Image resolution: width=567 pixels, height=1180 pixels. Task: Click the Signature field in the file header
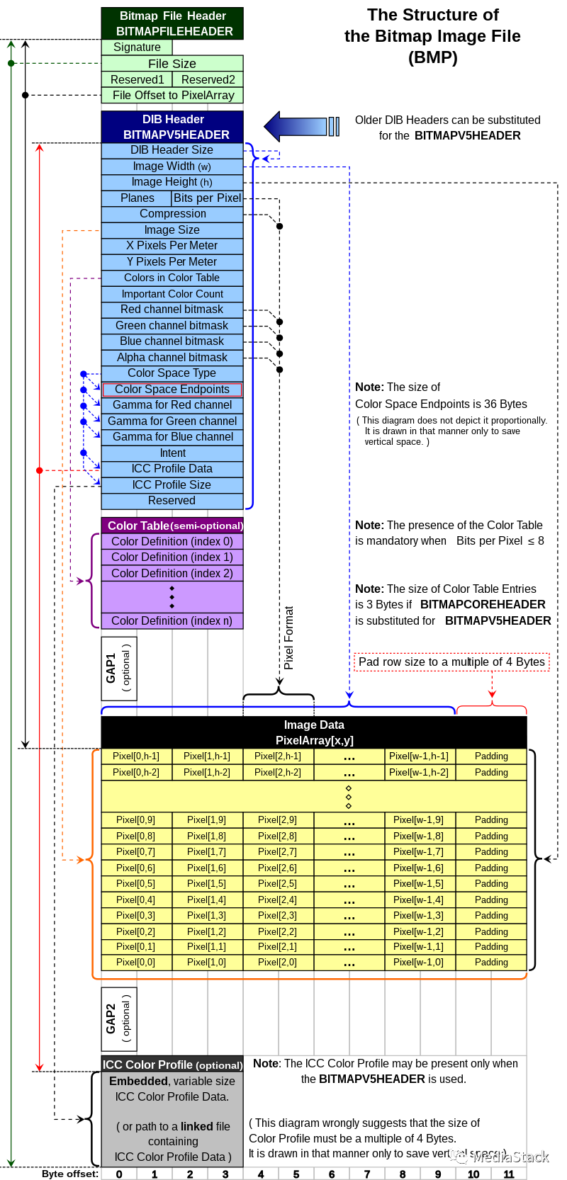click(137, 47)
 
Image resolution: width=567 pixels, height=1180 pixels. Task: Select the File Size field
click(172, 64)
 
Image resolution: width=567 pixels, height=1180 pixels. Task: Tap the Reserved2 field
click(208, 79)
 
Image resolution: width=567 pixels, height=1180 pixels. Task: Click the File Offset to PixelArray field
click(172, 96)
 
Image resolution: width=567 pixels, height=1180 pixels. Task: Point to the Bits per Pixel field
click(207, 198)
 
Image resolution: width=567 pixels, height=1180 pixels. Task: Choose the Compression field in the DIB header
click(172, 214)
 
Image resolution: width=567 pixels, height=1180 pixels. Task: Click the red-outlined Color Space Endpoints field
click(172, 390)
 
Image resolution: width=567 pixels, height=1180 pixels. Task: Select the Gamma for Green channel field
click(172, 421)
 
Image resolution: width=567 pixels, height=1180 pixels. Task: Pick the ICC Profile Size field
click(172, 485)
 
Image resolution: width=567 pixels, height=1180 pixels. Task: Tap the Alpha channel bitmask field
click(172, 358)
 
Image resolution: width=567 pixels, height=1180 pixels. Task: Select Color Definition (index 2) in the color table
click(172, 574)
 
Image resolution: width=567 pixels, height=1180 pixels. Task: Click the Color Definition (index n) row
click(172, 621)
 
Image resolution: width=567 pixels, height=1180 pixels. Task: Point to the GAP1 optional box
click(119, 668)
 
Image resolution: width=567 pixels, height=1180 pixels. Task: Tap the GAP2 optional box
click(119, 1019)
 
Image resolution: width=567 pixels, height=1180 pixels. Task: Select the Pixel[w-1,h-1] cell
click(420, 756)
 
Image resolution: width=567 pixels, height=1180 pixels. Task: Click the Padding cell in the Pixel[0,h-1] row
click(491, 756)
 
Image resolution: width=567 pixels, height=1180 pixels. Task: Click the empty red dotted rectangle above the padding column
click(451, 662)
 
